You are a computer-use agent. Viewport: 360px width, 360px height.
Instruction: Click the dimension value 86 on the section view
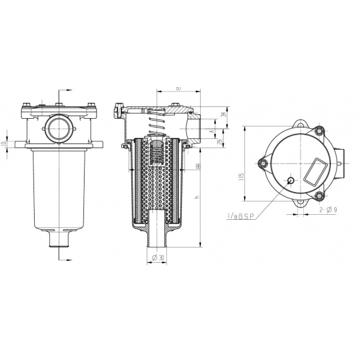coord(198,166)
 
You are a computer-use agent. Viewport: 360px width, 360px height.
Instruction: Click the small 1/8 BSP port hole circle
coord(290,181)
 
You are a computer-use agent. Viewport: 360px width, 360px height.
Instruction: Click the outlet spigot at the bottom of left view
coord(58,241)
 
